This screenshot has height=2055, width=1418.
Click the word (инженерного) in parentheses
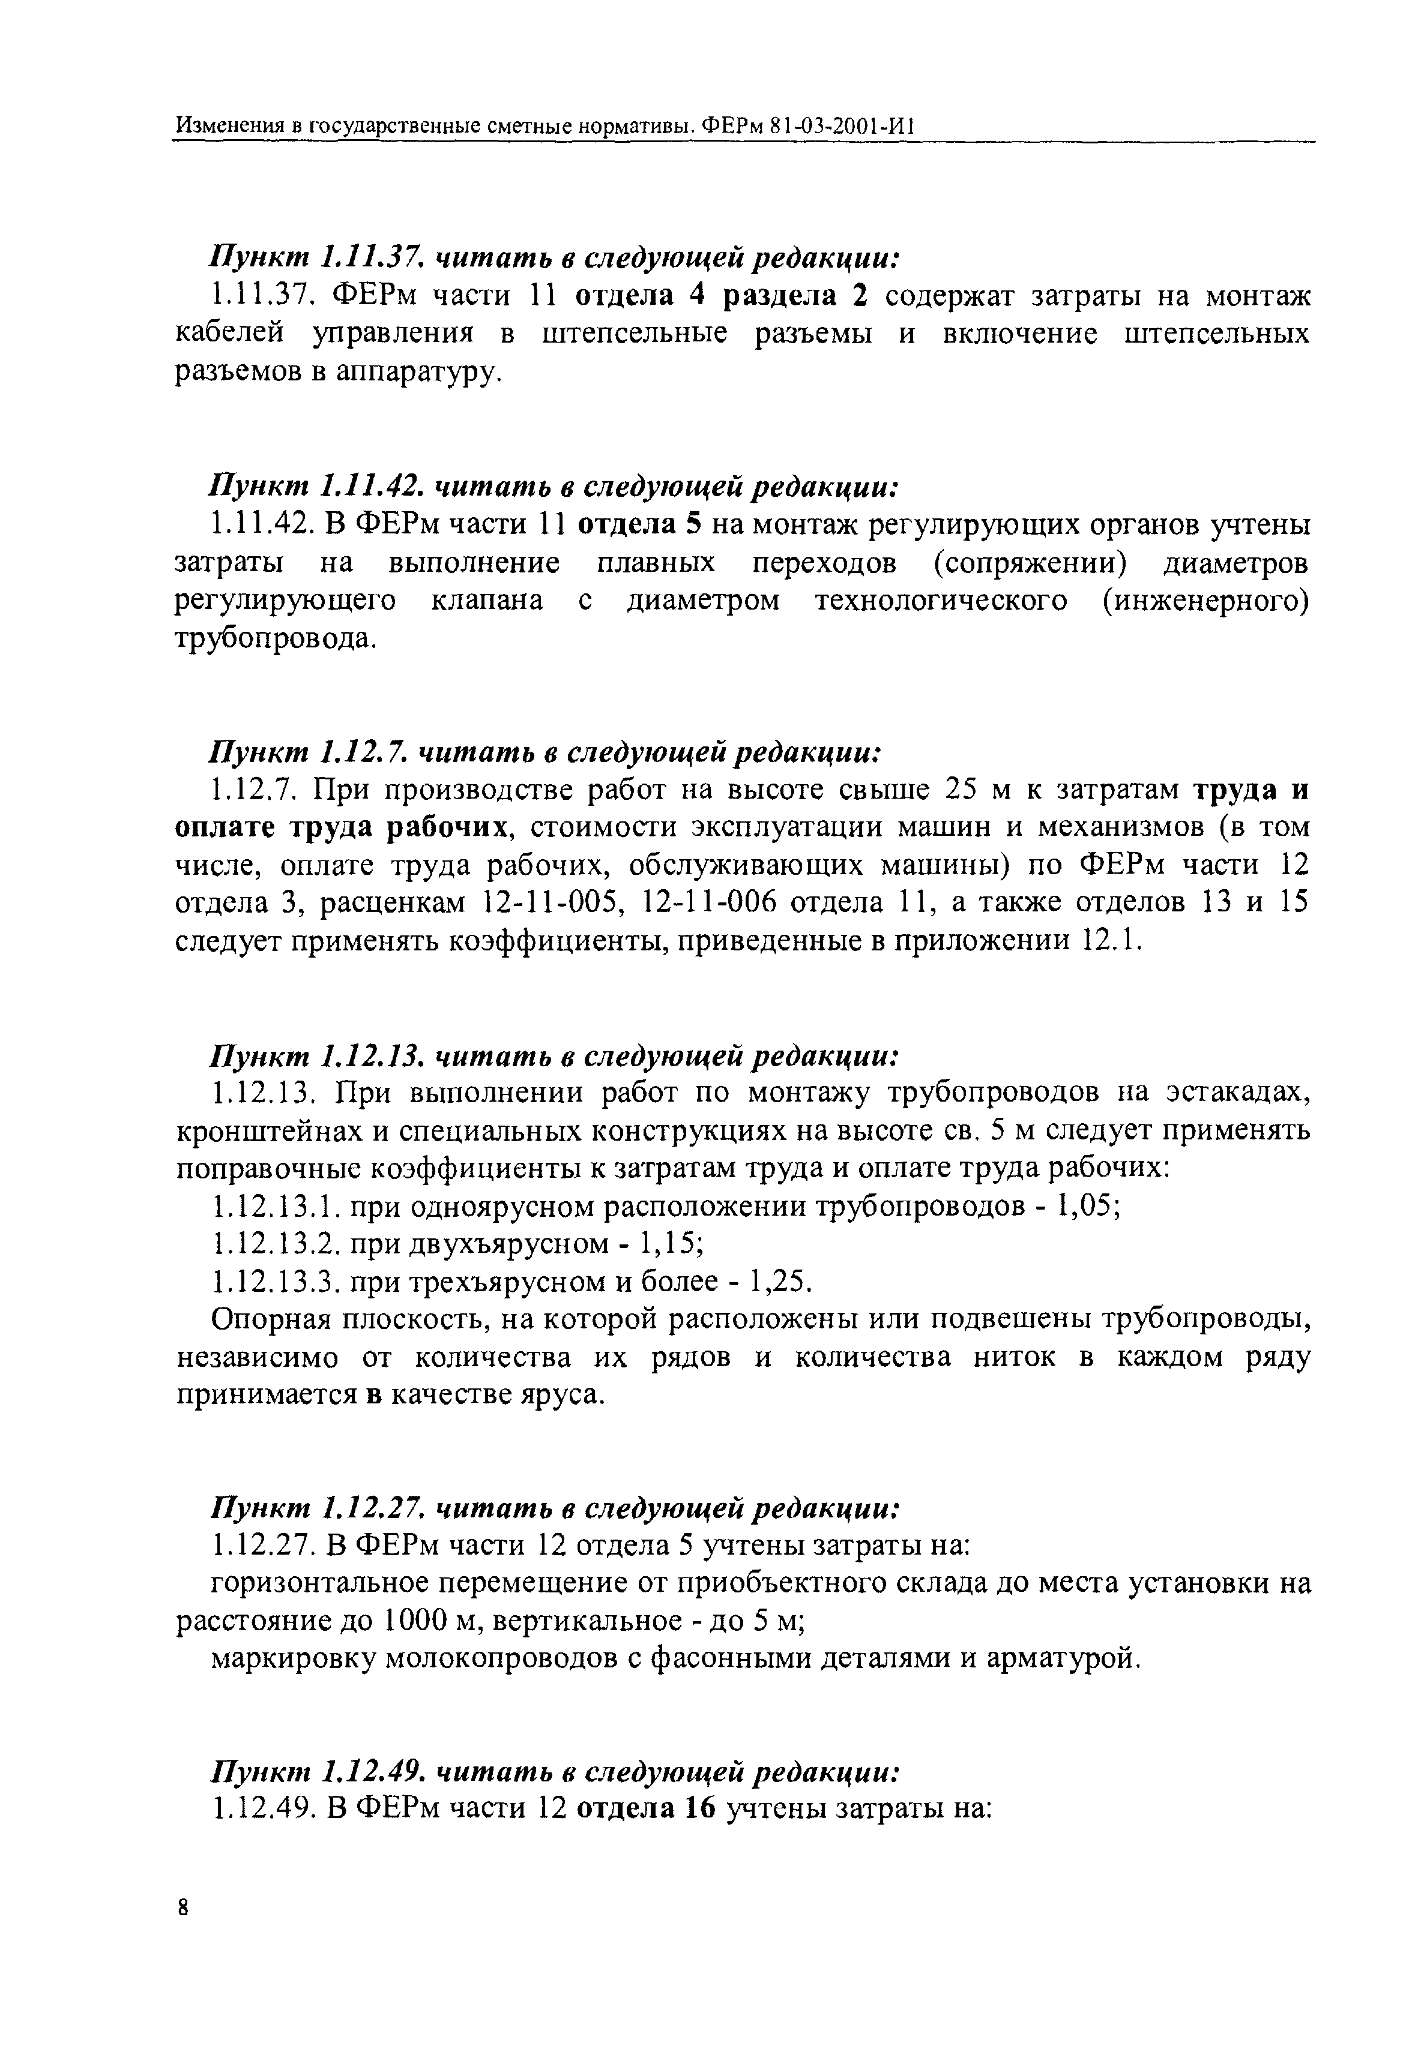tap(1205, 601)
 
